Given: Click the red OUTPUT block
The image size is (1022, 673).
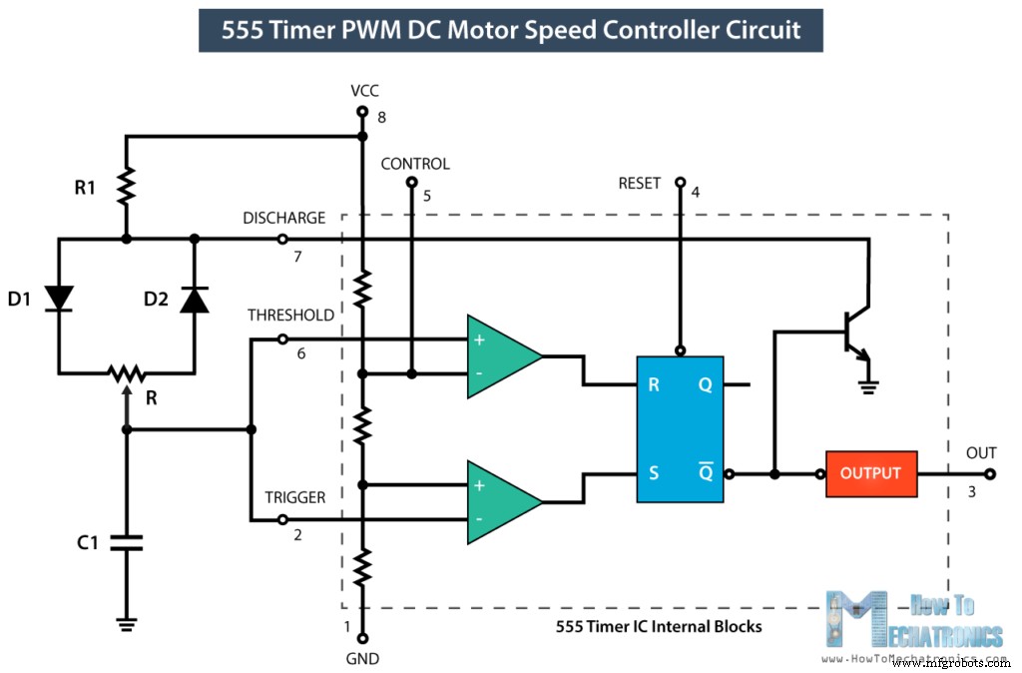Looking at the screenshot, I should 870,473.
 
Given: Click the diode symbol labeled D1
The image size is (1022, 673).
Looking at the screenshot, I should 60,298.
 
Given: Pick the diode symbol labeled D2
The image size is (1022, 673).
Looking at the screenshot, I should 195,298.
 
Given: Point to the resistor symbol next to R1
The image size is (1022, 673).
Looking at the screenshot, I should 127,186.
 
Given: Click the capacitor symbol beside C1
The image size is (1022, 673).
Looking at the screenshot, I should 127,543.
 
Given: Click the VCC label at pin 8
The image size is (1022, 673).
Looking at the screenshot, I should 364,90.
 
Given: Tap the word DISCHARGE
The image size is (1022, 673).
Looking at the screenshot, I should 283,218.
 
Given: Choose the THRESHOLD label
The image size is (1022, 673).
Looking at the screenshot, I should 290,316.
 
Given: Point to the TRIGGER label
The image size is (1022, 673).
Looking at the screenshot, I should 294,497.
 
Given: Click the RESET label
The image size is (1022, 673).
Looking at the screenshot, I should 640,183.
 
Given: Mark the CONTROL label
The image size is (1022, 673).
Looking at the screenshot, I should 415,164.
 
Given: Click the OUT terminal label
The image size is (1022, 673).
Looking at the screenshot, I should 981,453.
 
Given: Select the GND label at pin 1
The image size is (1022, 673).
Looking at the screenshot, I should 363,659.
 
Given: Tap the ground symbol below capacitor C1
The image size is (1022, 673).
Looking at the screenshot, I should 127,623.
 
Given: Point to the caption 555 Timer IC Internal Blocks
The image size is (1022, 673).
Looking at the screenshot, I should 659,627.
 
